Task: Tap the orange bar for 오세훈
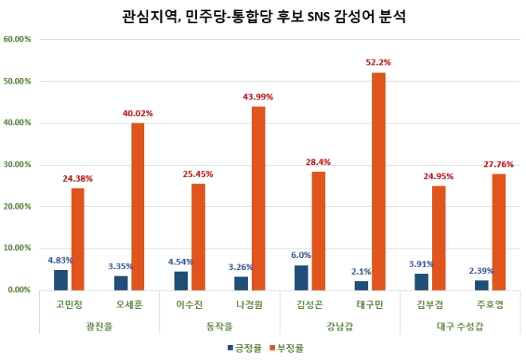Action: [x=138, y=206]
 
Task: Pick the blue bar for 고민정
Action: [x=61, y=280]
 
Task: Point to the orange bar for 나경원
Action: [x=258, y=198]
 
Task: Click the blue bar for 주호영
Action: [x=481, y=285]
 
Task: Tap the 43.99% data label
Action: [x=258, y=96]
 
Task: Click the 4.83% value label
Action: [x=61, y=260]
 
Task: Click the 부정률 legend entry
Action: [x=288, y=347]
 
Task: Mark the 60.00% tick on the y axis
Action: [x=17, y=39]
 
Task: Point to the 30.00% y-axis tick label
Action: [x=17, y=165]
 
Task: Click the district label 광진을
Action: [x=100, y=326]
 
